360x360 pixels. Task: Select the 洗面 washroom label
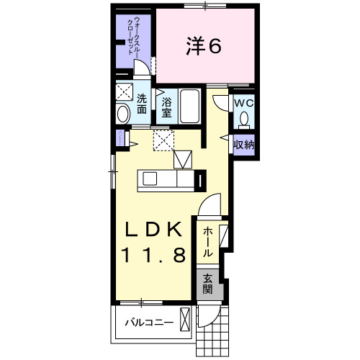click(142, 104)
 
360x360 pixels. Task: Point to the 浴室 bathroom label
click(166, 107)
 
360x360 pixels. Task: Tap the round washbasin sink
click(123, 113)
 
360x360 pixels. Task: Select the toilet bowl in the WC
click(245, 117)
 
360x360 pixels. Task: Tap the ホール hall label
click(207, 242)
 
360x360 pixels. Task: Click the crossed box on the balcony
click(186, 318)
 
